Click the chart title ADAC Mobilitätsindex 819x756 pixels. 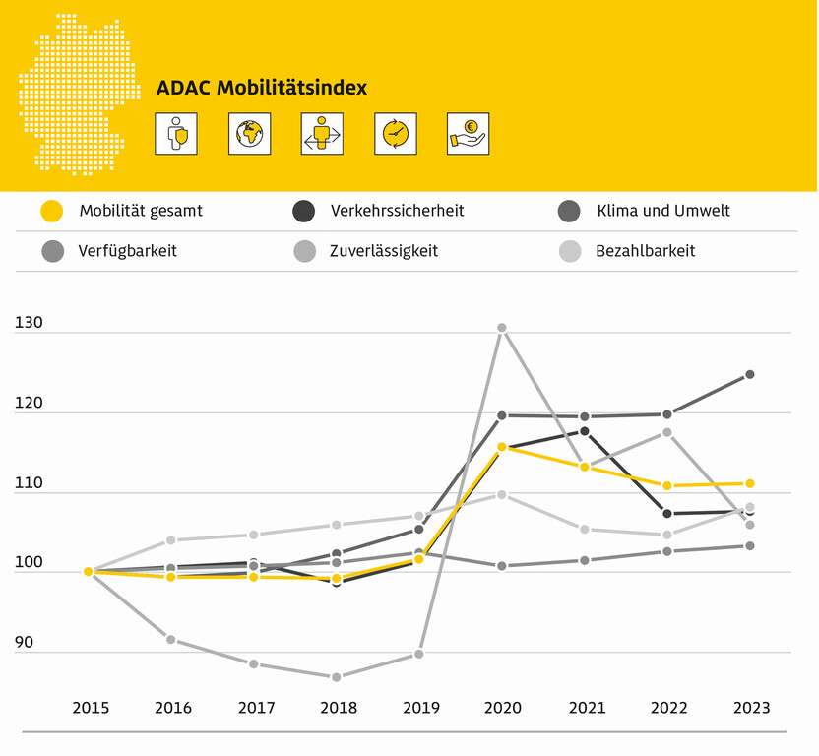coord(262,88)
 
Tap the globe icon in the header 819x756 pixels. coord(249,134)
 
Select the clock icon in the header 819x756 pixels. coord(395,134)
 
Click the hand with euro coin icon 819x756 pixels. coord(468,134)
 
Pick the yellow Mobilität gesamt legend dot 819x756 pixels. coord(52,211)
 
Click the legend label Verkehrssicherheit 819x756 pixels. coord(397,211)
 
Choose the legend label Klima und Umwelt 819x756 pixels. coord(663,211)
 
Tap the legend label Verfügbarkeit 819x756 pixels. coord(128,251)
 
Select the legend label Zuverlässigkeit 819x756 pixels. coord(384,251)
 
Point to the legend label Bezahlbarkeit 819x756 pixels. coord(646,251)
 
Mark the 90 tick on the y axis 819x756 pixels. coord(24,642)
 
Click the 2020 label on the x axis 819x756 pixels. coord(501,708)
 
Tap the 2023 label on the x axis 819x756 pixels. coord(750,708)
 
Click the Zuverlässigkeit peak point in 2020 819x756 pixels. coord(501,328)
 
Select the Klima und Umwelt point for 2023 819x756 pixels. coord(750,374)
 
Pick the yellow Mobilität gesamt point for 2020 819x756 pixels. coord(501,447)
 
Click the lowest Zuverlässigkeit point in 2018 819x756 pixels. coord(337,677)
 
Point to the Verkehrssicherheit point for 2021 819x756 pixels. coord(585,431)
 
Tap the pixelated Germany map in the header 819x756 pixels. coord(74,94)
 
